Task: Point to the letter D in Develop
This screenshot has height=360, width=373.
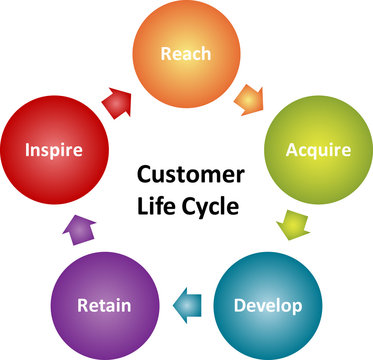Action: point(239,303)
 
